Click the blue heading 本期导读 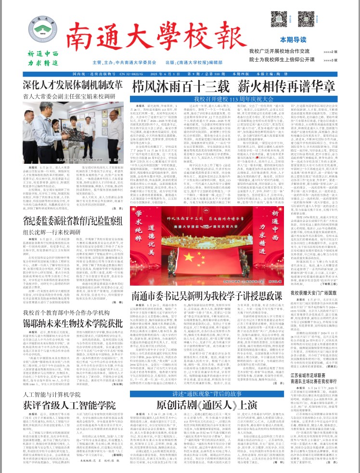click(331, 40)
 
